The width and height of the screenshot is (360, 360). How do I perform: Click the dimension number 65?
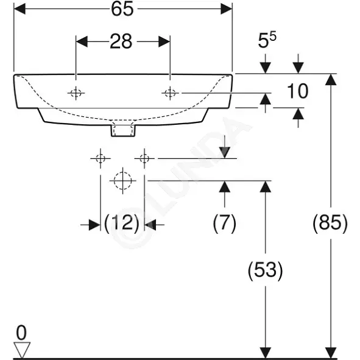[122, 9]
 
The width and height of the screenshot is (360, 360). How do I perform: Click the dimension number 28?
[121, 41]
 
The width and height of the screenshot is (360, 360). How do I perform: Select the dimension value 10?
[297, 91]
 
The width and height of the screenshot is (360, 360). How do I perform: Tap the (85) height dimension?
[330, 223]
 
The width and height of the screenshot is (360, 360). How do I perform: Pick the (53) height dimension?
[265, 270]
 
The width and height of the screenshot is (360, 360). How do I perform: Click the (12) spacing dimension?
[122, 223]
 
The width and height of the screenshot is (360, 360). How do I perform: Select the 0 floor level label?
[21, 333]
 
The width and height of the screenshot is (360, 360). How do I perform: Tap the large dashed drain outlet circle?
[123, 181]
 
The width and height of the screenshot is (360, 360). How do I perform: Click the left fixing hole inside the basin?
[76, 93]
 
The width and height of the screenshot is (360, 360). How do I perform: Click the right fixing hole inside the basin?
[170, 93]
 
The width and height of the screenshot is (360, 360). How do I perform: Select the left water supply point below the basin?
[101, 158]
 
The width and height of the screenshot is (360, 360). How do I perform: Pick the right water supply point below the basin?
[144, 158]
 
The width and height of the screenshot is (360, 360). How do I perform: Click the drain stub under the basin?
[123, 130]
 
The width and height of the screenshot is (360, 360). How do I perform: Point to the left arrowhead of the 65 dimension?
[19, 9]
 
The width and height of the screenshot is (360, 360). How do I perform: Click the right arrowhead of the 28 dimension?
[164, 41]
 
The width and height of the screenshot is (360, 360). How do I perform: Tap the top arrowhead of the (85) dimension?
[331, 79]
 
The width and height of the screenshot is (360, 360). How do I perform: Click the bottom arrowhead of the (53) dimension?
[266, 353]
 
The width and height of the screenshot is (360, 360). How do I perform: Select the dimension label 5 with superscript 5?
[267, 40]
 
